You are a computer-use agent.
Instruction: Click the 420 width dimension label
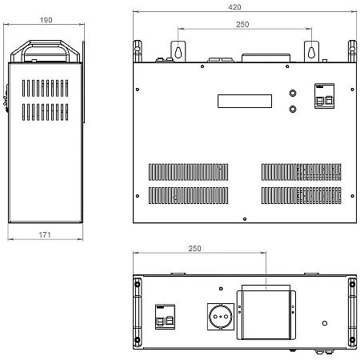tap(234, 7)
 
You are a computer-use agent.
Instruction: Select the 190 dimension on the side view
tap(46, 20)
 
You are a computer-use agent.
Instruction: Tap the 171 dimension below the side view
tap(45, 234)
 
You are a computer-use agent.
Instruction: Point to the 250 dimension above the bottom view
tap(194, 249)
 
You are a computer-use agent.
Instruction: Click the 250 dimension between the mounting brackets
tap(242, 25)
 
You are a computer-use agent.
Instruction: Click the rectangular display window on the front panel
tap(245, 101)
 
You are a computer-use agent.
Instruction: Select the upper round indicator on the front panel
tap(293, 93)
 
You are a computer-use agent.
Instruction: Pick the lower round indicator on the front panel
tap(293, 109)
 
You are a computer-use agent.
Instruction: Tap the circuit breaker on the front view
tap(324, 96)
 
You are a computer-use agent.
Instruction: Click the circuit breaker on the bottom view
tap(165, 317)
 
